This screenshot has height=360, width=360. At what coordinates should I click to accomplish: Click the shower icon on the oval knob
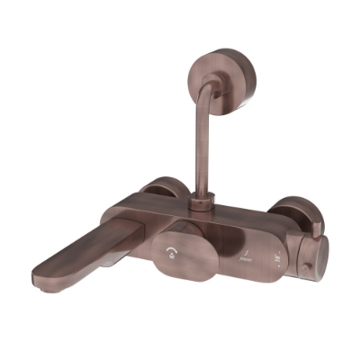[x=173, y=255]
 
